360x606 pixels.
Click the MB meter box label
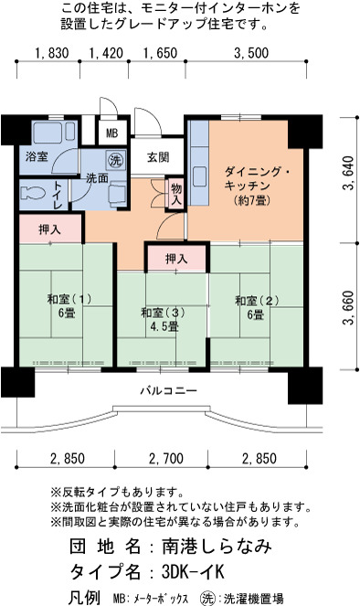coord(112,133)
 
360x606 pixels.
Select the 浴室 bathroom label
coord(37,156)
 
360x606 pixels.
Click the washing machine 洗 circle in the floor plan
coord(114,160)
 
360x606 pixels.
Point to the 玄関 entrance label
coord(157,157)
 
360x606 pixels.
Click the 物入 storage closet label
coord(176,195)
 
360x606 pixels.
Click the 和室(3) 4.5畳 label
coord(163,319)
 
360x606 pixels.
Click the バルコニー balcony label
coord(168,390)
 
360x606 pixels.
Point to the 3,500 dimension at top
coord(251,53)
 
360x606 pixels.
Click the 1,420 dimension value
coord(106,53)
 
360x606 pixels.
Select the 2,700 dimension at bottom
coord(166,459)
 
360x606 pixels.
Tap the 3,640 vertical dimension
coord(348,173)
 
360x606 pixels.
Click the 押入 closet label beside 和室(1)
coord(50,229)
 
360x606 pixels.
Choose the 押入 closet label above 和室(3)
coord(176,258)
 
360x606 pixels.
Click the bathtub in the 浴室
coord(54,133)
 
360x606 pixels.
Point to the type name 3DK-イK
coord(193,571)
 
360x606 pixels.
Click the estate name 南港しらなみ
coord(217,546)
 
